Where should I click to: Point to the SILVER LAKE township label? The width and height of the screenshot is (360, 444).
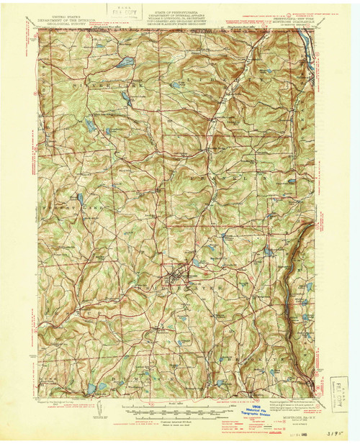point(93,83)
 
